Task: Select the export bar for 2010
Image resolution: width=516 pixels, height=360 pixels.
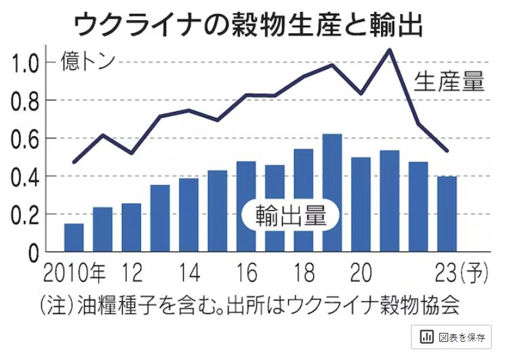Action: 74,237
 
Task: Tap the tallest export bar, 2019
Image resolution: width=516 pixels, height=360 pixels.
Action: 332,193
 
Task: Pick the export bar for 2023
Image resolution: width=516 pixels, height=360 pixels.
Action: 447,214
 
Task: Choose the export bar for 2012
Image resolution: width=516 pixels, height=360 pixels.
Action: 132,227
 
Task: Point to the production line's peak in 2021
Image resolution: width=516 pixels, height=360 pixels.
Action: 389,49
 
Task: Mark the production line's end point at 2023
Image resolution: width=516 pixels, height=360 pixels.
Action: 447,151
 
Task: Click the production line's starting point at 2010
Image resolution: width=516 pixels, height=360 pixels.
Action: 74,162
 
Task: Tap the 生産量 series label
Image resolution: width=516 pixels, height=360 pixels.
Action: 450,82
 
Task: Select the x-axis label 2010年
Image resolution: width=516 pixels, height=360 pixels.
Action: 74,274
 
